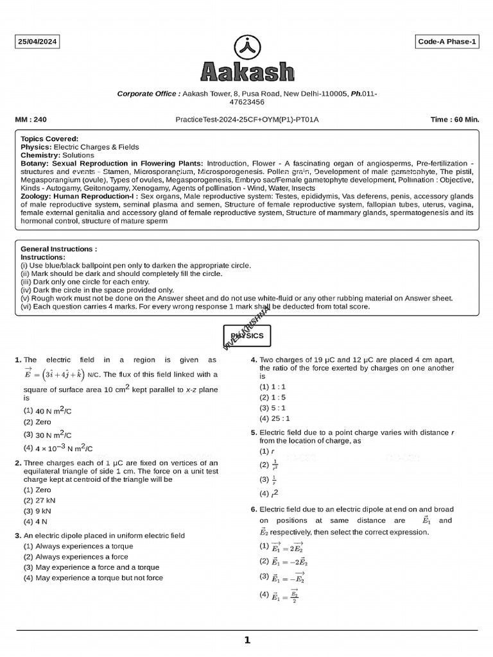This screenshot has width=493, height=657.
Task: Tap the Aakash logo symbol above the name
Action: (246, 47)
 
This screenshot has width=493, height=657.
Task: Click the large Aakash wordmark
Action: (247, 72)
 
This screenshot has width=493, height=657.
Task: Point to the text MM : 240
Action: (31, 119)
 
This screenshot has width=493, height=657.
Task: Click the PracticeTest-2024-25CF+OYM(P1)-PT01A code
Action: (247, 119)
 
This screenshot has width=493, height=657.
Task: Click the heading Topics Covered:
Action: (49, 139)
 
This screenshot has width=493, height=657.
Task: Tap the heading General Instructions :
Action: (59, 249)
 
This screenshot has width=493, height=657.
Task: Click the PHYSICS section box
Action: (246, 336)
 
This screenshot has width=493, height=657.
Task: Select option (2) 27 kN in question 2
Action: (40, 500)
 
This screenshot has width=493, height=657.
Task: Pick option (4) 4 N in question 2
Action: (37, 522)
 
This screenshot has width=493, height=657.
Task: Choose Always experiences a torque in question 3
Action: (74, 547)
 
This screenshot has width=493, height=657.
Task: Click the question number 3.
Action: (18, 536)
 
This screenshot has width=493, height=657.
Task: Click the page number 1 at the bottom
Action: (247, 640)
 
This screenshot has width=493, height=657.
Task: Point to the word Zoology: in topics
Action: (37, 196)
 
